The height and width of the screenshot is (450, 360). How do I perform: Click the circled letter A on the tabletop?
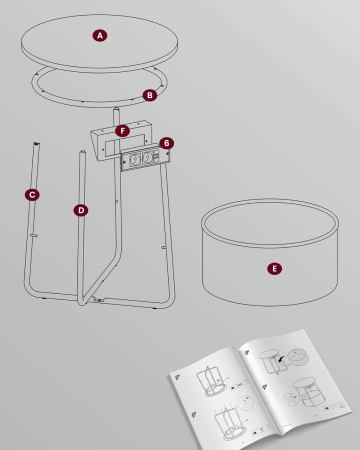100,35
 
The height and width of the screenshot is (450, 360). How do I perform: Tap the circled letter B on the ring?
149,95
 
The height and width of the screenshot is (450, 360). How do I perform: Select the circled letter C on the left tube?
32,194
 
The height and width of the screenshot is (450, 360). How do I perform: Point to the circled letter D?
81,210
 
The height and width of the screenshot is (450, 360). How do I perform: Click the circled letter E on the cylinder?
273,268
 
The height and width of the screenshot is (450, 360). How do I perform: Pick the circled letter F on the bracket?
122,131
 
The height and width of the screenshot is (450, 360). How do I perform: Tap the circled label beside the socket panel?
166,144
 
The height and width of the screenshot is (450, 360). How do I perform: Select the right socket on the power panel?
147,157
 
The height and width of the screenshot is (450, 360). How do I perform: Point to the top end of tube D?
82,153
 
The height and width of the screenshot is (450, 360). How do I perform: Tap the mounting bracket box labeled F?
110,142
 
